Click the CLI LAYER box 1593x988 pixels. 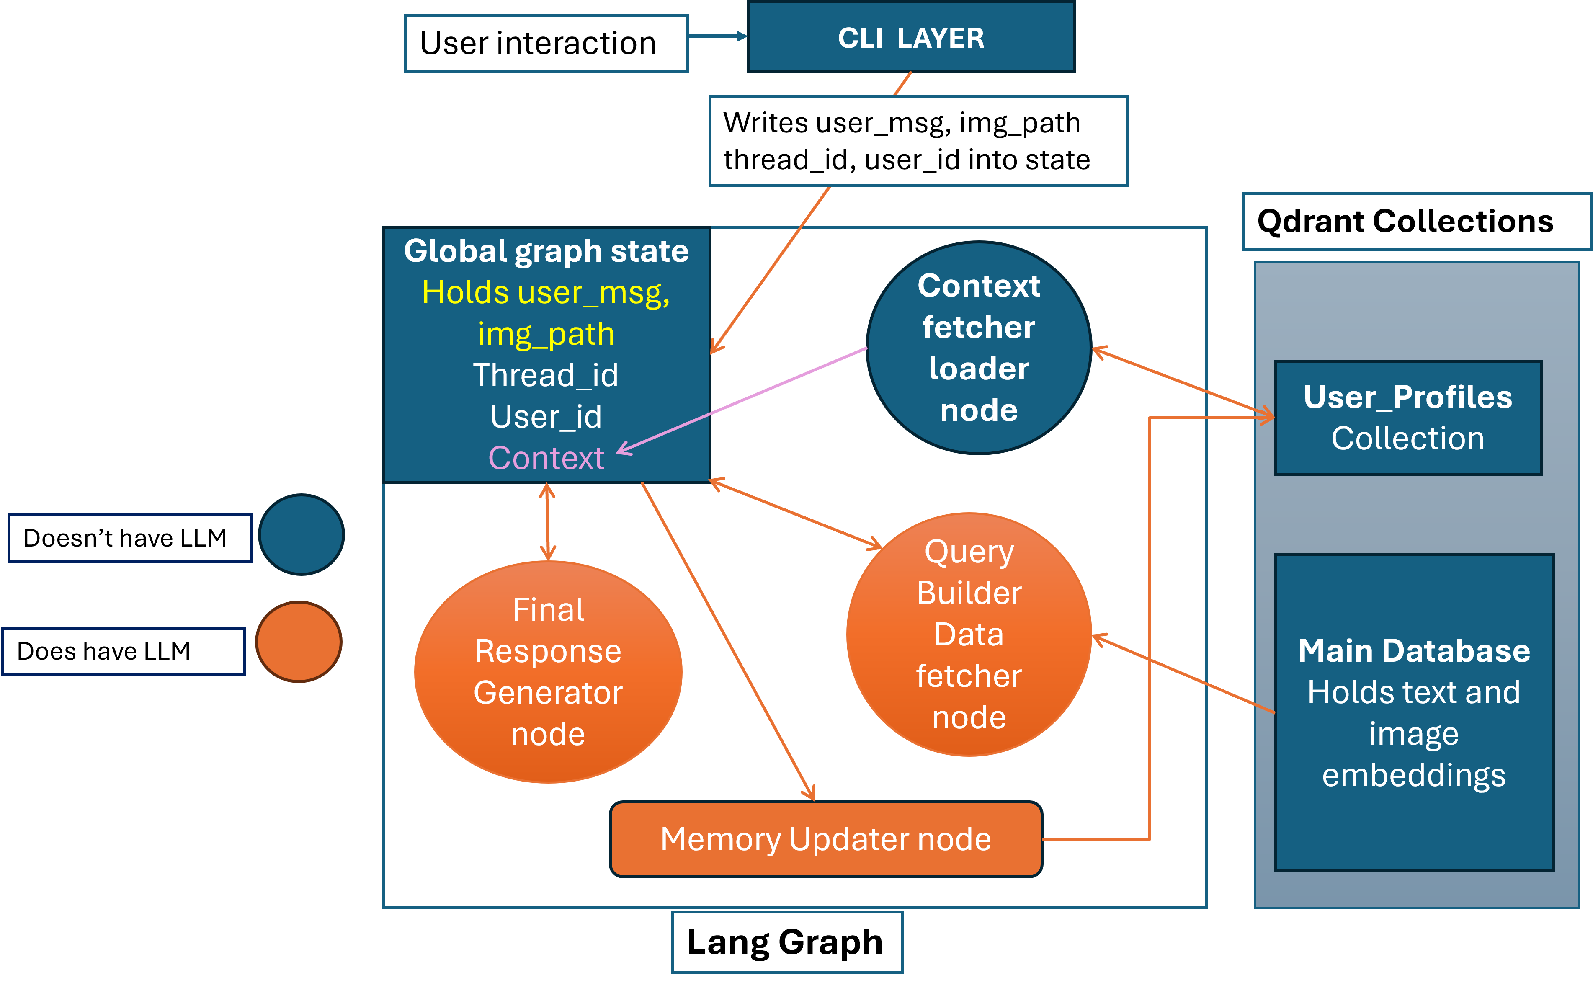[x=911, y=37]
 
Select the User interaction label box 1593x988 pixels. [x=546, y=43]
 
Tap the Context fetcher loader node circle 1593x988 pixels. [x=979, y=348]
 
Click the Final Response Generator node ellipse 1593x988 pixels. [x=548, y=672]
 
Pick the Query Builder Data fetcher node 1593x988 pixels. [x=969, y=635]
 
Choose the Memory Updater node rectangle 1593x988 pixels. [x=826, y=839]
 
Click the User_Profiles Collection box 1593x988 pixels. [x=1408, y=418]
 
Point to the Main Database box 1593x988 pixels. [x=1414, y=712]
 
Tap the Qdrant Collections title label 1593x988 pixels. [x=1415, y=222]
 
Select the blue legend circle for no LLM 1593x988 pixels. [x=301, y=534]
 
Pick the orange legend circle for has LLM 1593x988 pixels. [x=299, y=642]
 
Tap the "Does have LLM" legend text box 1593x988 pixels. [x=124, y=652]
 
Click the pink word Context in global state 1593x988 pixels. [x=546, y=458]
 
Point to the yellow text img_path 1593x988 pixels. [x=546, y=334]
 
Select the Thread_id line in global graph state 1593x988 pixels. [x=546, y=375]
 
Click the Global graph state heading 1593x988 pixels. [x=546, y=251]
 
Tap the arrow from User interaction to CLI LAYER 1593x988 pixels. [x=717, y=36]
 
